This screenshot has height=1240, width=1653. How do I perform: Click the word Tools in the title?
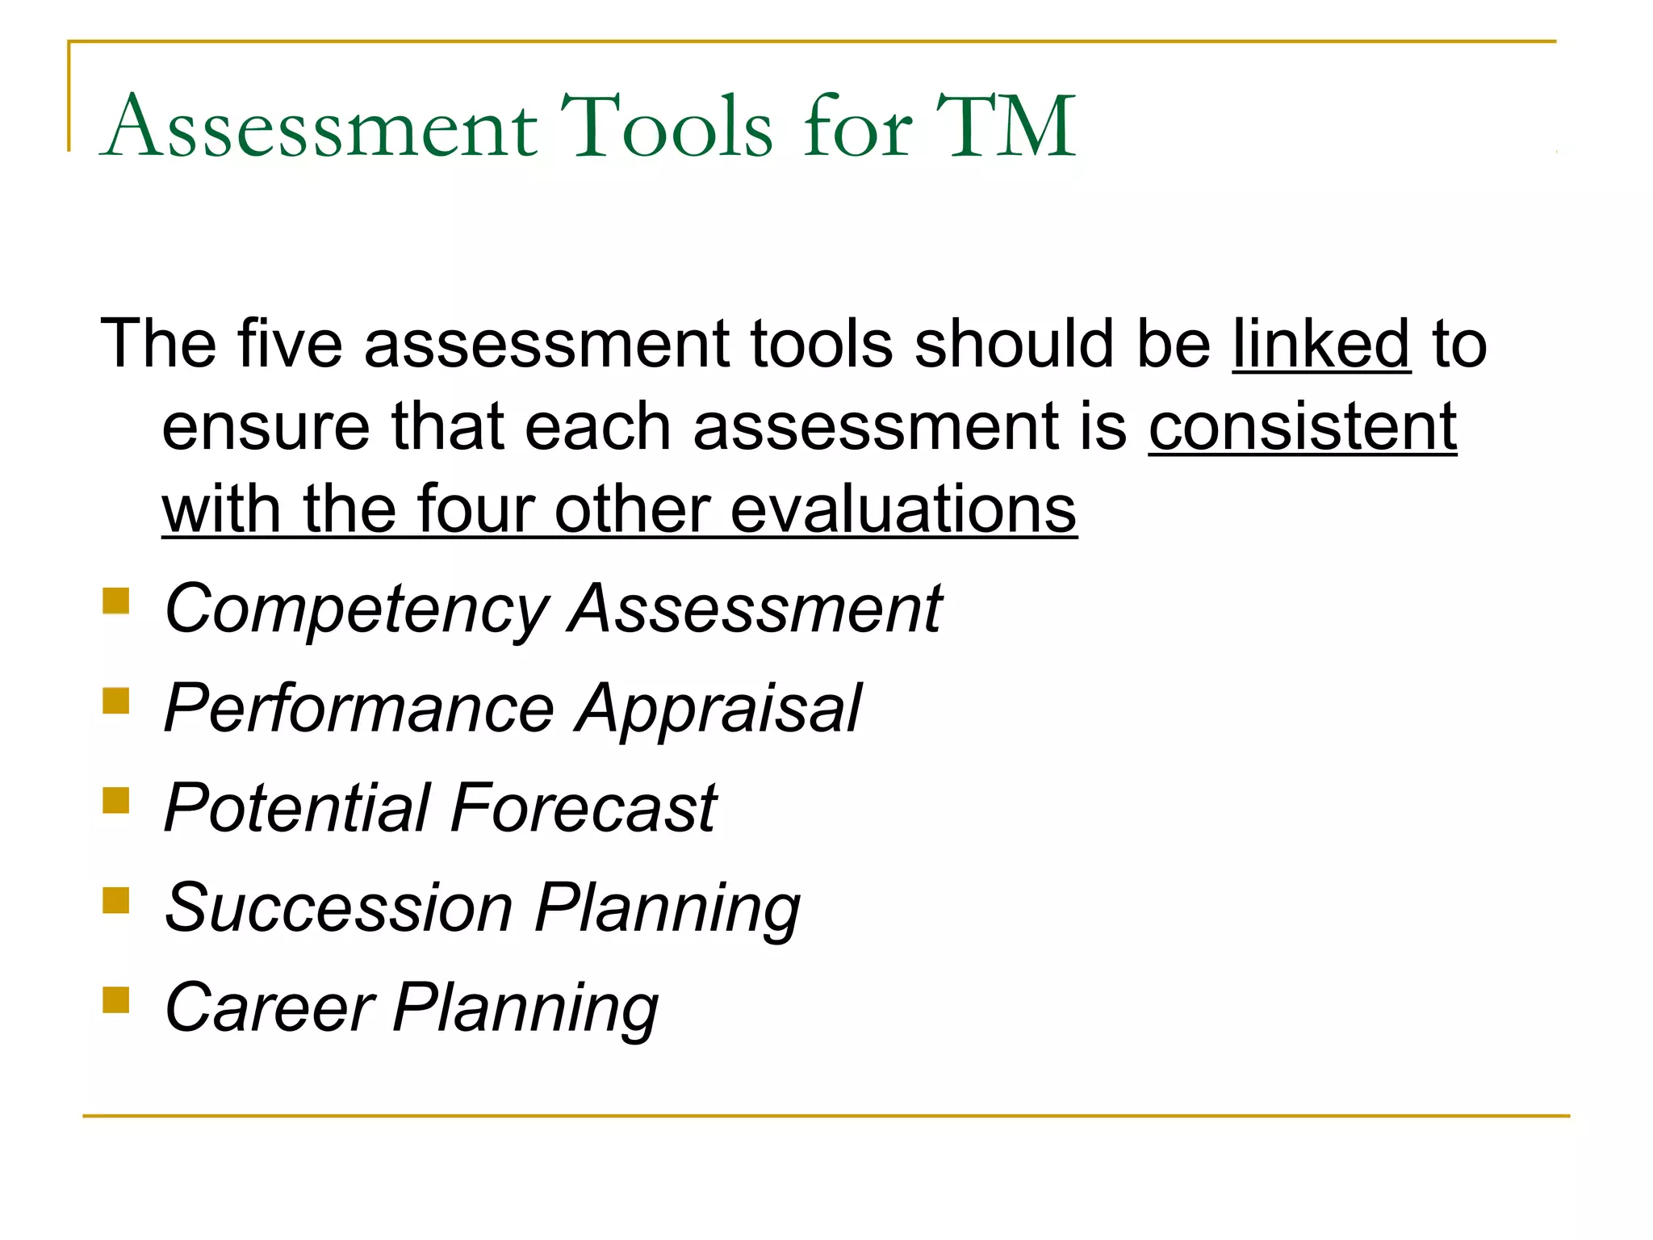(x=667, y=128)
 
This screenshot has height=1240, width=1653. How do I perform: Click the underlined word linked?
(x=1320, y=344)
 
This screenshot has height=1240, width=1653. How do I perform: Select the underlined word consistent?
(x=1302, y=427)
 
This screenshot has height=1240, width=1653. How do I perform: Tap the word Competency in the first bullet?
(x=356, y=610)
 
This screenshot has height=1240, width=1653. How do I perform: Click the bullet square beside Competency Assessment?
(x=116, y=601)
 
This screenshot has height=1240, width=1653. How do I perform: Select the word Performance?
(x=358, y=708)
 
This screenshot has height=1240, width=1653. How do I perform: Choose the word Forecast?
(x=583, y=808)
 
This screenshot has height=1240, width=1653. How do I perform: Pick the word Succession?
(x=338, y=907)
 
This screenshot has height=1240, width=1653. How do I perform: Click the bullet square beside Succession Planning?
(x=116, y=899)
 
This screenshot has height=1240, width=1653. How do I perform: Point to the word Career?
(x=270, y=1007)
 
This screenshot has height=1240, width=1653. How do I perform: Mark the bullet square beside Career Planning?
(x=116, y=999)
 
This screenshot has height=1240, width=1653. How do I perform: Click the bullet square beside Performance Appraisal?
(x=116, y=701)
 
